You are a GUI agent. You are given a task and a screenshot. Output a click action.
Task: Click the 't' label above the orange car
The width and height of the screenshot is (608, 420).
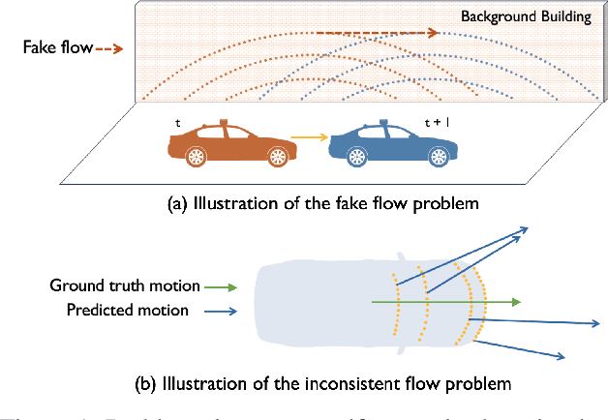(x=177, y=124)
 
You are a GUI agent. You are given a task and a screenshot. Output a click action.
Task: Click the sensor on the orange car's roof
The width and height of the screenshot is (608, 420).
(x=225, y=124)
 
